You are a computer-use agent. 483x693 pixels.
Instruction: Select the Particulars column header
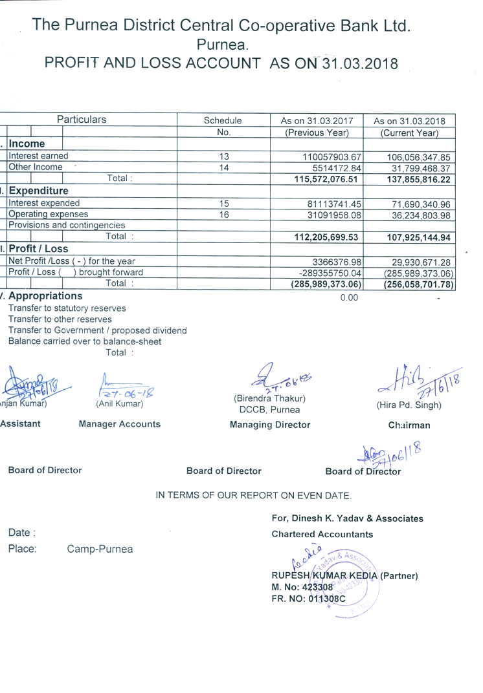(82, 120)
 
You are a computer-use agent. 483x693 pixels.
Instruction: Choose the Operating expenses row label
(49, 214)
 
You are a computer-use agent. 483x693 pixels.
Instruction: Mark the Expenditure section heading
(38, 191)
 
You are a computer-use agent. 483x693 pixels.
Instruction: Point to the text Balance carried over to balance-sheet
(85, 341)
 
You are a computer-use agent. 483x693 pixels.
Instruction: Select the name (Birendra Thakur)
(269, 398)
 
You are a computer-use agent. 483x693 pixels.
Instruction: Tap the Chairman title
(409, 425)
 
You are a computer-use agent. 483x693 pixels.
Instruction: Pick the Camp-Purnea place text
(100, 549)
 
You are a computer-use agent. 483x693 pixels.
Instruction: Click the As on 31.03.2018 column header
(409, 121)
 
